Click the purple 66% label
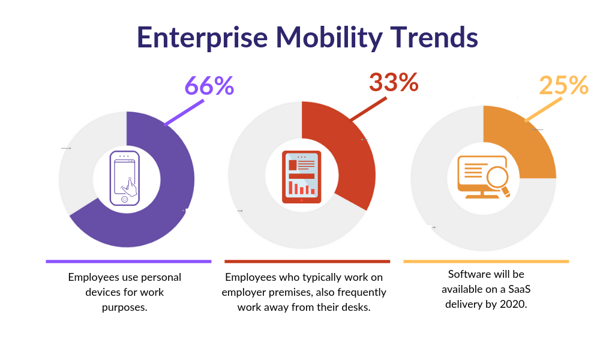209,86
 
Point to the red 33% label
393,83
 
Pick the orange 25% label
563,86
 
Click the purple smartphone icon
125,179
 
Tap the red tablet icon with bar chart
301,177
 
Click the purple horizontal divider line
128,262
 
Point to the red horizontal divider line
307,262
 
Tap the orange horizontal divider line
485,262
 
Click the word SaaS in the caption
518,289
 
